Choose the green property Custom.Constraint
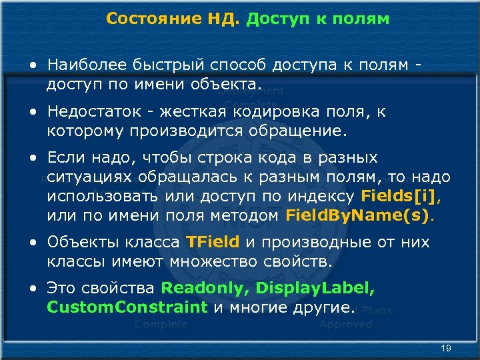point(127,307)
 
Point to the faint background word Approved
point(345,325)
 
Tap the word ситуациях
point(91,178)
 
